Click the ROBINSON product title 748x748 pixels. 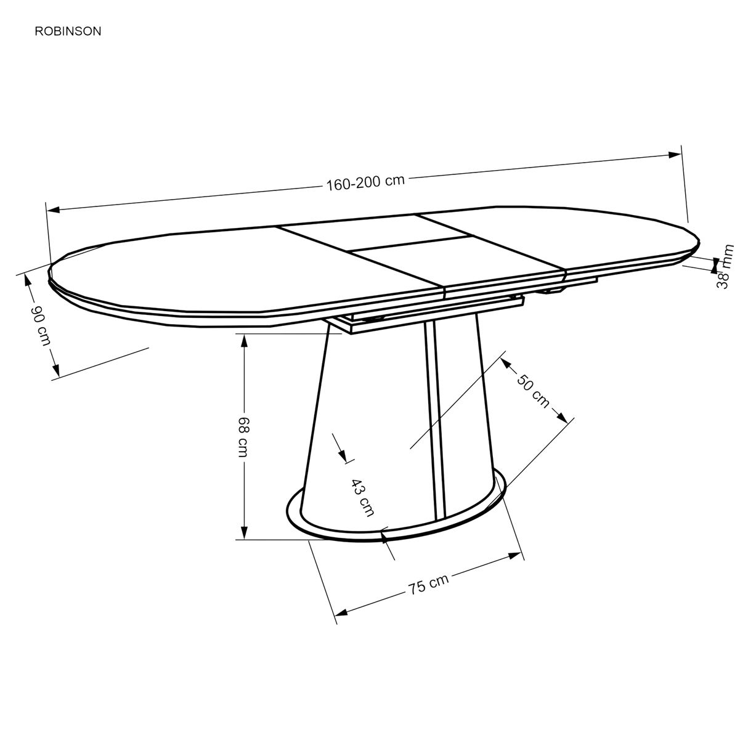point(68,31)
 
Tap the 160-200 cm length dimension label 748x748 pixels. point(365,182)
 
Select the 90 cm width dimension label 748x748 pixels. point(41,325)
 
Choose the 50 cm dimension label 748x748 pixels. point(533,391)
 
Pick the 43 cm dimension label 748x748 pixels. point(363,498)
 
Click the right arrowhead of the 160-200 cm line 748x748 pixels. point(675,155)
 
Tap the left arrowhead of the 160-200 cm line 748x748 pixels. point(53,209)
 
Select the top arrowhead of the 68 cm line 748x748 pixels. point(244,341)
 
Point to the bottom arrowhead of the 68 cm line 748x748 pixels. point(244,533)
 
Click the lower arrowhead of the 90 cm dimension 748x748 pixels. point(56,370)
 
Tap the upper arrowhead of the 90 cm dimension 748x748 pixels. point(28,280)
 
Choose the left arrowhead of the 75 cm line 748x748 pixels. point(341,612)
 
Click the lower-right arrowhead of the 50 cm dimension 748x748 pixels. point(562,418)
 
